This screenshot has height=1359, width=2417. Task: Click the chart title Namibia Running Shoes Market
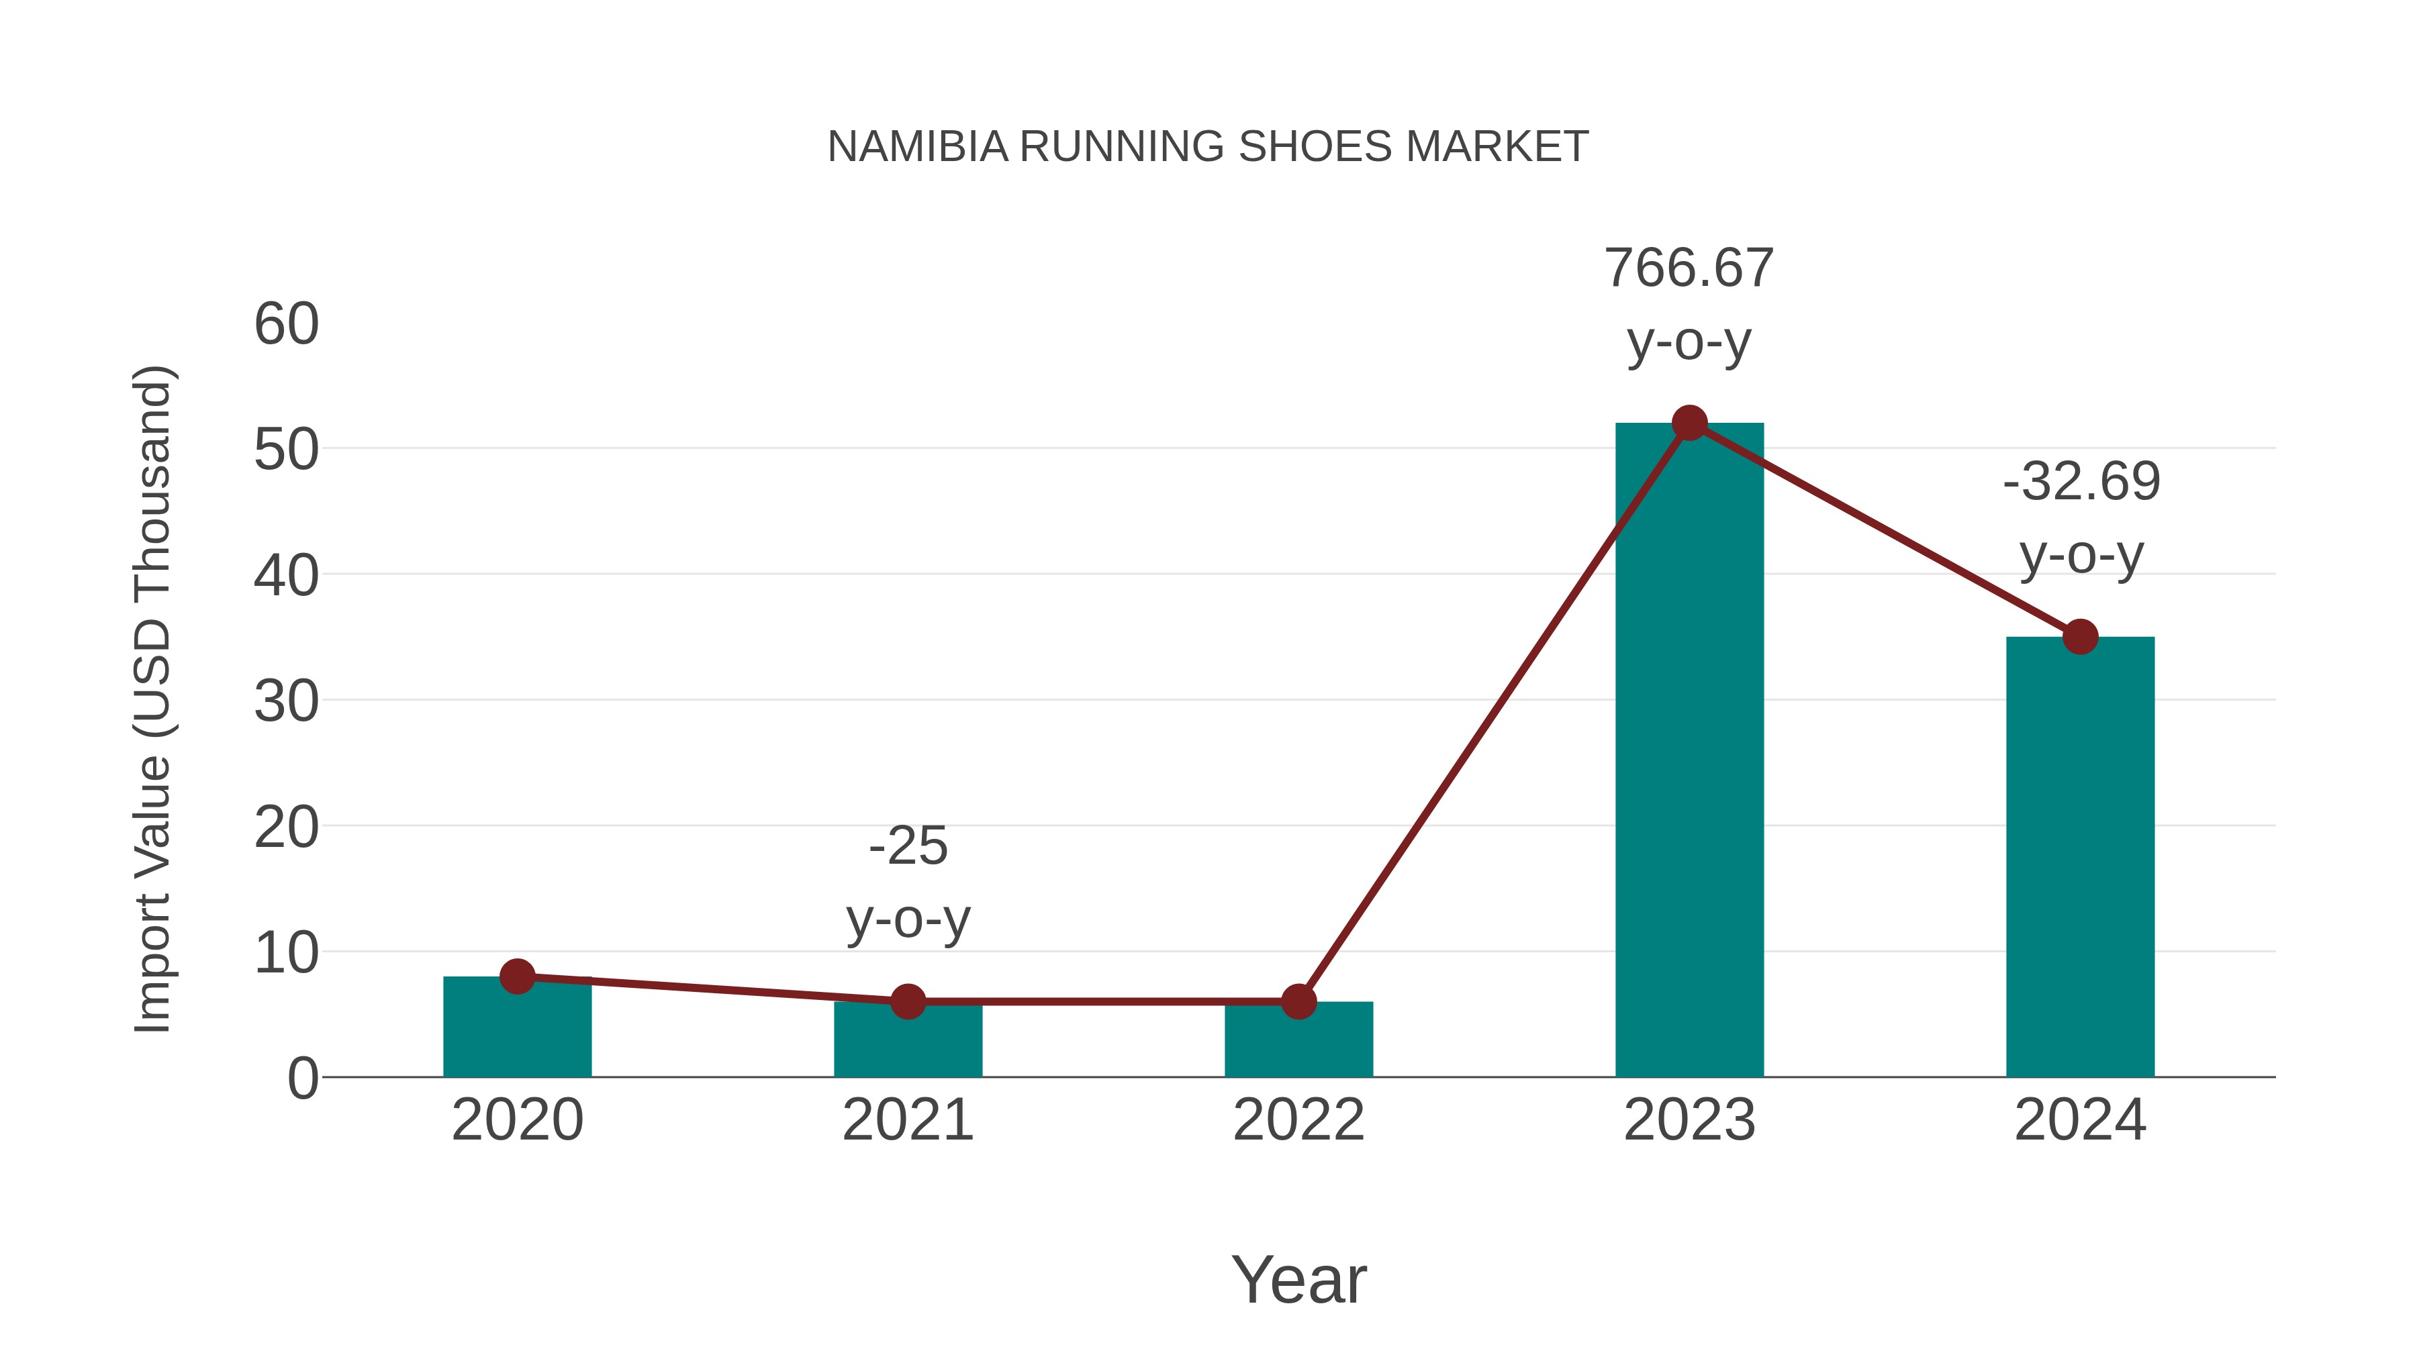coord(1208,147)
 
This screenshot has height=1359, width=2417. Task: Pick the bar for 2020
coord(517,1031)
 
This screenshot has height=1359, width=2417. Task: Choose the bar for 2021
coord(907,1043)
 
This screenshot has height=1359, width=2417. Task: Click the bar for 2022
coord(1298,1043)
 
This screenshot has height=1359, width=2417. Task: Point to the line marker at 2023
coord(1689,423)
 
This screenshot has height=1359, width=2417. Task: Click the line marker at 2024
coord(2080,637)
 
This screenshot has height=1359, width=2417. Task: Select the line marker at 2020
coord(517,976)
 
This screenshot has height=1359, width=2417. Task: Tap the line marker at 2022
coord(1298,1002)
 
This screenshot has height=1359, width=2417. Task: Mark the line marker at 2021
coord(907,1002)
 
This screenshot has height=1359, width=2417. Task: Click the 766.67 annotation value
coord(1689,268)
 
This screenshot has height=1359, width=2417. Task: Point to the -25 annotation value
coord(907,846)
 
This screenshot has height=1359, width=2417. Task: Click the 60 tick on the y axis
coord(286,325)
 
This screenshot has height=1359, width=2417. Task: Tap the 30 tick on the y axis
coord(286,701)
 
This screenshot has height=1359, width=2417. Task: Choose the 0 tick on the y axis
coord(302,1078)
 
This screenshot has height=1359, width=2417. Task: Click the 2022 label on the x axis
coord(1298,1120)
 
